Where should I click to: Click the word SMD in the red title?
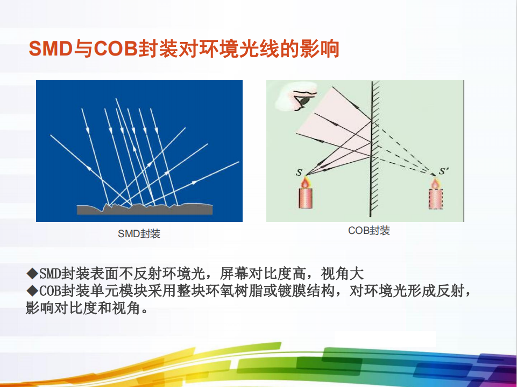[51, 49]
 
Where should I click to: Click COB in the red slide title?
[116, 49]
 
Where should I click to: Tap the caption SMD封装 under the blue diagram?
[139, 234]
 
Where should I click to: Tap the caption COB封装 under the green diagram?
[369, 231]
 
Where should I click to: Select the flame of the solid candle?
[306, 182]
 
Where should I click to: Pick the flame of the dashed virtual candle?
[435, 183]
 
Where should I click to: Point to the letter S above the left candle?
[299, 172]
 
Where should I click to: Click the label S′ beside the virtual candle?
[444, 171]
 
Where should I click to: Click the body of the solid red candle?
[306, 198]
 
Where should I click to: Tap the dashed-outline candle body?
[436, 198]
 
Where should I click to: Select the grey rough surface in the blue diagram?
[145, 209]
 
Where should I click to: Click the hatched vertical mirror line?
[372, 149]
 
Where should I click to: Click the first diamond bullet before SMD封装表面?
[32, 273]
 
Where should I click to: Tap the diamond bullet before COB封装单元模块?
[32, 291]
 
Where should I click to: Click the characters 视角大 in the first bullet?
[342, 273]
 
